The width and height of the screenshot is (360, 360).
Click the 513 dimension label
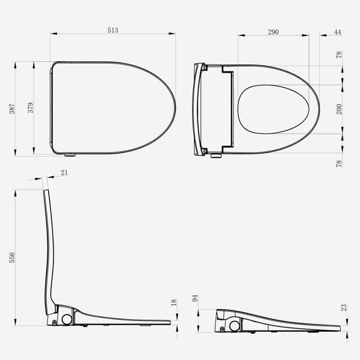[x=113, y=31]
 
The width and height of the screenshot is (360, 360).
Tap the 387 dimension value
[x=12, y=109]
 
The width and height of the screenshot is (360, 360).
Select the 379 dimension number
[x=31, y=107]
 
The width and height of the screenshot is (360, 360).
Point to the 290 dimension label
[x=273, y=32]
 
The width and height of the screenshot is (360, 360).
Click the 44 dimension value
[x=337, y=32]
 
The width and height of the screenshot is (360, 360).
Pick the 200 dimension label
[x=339, y=109]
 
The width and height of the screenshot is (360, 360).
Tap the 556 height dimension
[x=12, y=257]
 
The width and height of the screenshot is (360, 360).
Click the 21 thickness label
[x=65, y=172]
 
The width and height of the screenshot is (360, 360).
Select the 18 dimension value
[x=174, y=302]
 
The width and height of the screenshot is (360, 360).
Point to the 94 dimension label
[x=195, y=298]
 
